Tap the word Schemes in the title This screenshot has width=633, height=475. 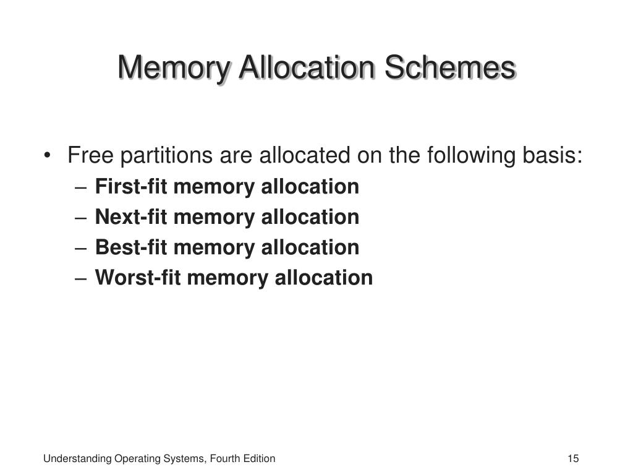point(449,68)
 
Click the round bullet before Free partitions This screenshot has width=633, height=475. point(48,156)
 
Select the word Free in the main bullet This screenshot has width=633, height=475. point(90,155)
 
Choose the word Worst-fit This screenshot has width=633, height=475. point(138,278)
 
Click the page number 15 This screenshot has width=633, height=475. point(572,458)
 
